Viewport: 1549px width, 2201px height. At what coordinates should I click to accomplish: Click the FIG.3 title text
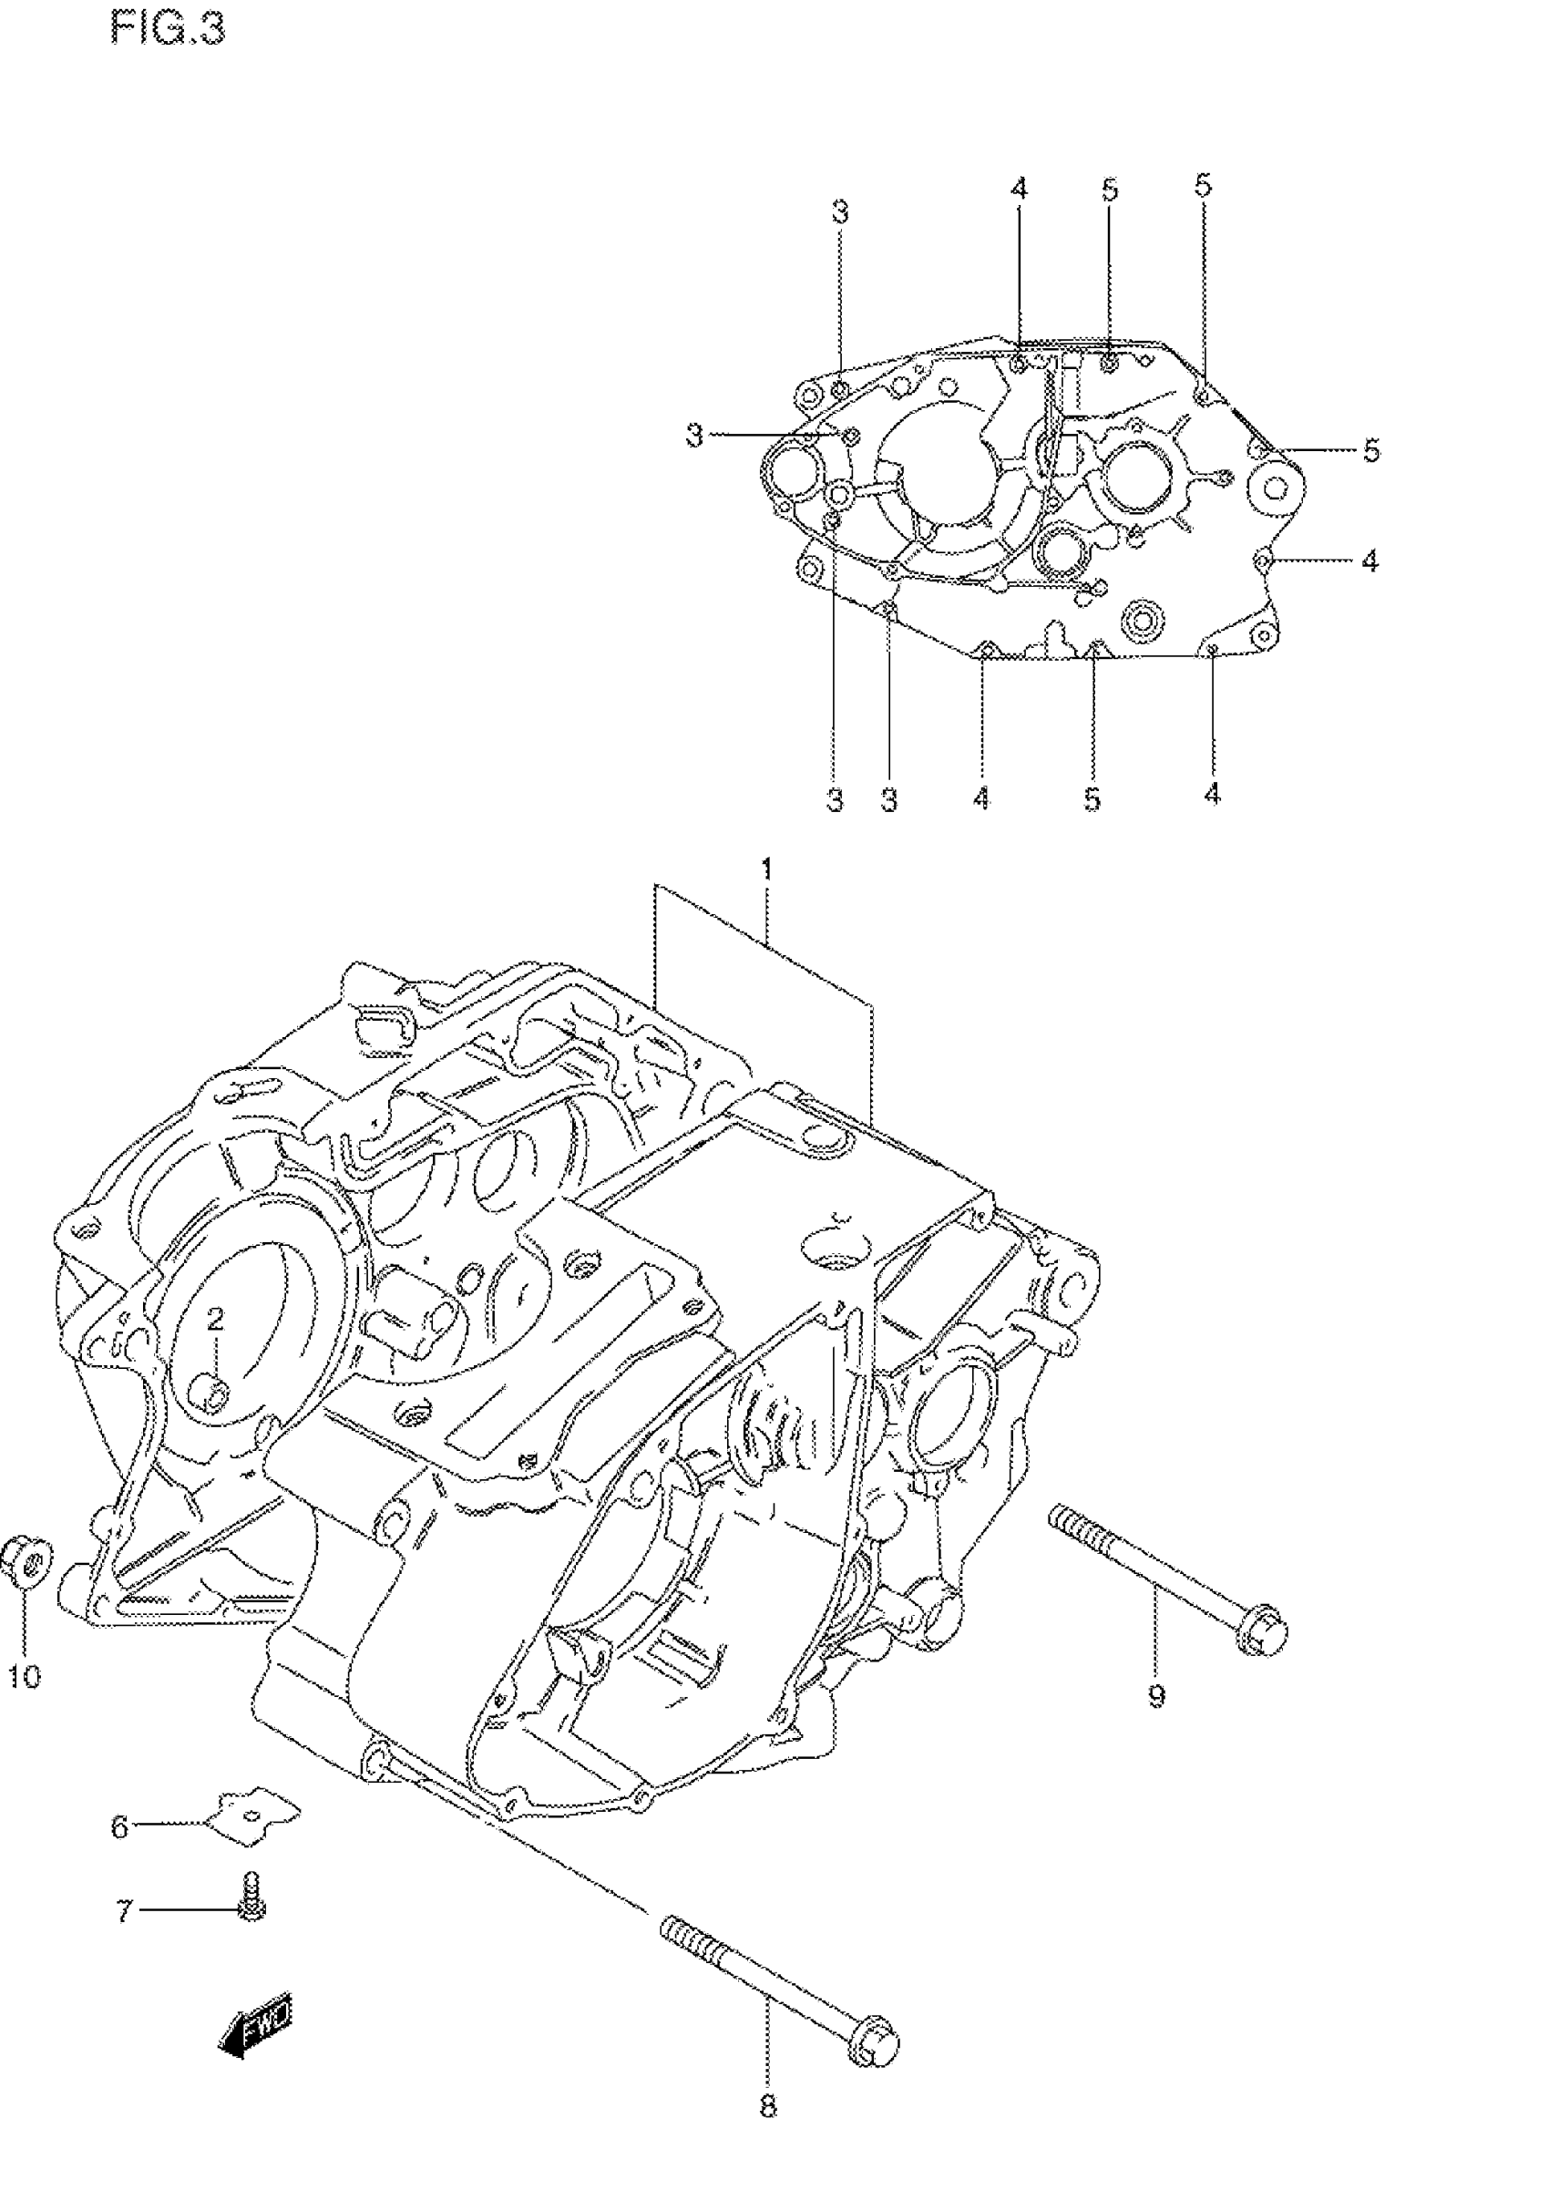(x=168, y=29)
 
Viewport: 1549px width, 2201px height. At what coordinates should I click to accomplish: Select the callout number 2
(x=215, y=1319)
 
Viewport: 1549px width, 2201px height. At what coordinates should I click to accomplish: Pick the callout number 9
(x=1156, y=1697)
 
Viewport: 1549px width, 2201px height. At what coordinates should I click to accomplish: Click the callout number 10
(x=26, y=1676)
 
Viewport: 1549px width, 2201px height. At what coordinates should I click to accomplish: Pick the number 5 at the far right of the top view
(x=1371, y=450)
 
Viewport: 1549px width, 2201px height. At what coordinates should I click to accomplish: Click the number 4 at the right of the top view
(x=1369, y=561)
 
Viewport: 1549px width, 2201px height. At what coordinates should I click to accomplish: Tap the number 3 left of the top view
(x=695, y=437)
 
